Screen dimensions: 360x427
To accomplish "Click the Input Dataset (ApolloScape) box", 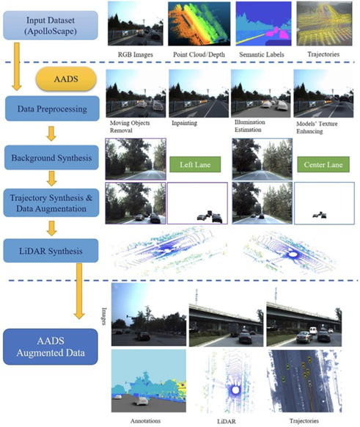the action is point(51,26).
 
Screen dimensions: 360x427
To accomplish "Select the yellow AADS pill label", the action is point(66,79).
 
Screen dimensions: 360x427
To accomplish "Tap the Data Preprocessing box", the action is point(52,109).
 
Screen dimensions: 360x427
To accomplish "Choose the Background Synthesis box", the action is point(51,158).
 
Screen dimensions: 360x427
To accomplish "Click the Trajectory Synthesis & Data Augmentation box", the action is point(51,203).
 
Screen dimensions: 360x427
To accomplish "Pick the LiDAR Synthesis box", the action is point(51,251).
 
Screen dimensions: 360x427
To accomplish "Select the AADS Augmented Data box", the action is point(51,347).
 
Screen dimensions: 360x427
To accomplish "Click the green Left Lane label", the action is point(195,164).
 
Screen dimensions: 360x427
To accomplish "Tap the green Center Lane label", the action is point(323,164).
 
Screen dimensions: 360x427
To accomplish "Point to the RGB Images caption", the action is point(135,54).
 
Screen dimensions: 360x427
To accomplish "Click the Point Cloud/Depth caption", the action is point(199,54).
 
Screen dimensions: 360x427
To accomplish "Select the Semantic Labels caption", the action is point(262,54).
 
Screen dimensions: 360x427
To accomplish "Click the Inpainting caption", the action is point(184,123).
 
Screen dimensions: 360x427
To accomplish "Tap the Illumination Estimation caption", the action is point(249,125).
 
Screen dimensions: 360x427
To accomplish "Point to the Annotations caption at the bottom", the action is point(145,420).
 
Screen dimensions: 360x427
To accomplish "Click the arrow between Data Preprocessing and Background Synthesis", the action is point(51,134).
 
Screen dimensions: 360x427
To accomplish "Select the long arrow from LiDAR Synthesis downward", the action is point(79,291).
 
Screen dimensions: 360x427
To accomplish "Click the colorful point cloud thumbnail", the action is point(199,23).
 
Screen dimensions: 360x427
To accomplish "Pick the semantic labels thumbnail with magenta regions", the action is point(263,23).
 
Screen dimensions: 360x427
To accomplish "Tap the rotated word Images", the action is point(104,316).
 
